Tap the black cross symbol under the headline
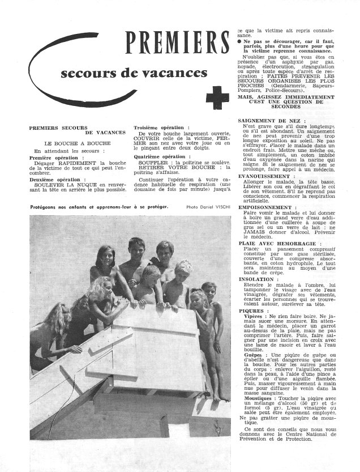[217, 97]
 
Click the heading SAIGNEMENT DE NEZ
[272, 121]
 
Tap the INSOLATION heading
[258, 279]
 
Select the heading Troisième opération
[161, 127]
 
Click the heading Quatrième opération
[161, 156]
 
